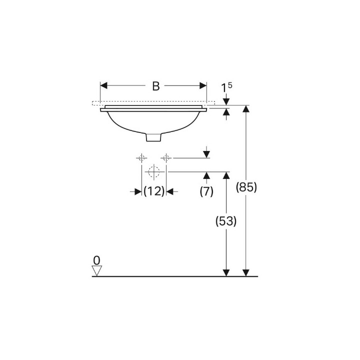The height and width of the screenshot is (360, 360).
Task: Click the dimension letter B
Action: tap(156, 86)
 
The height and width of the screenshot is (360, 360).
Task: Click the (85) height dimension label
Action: tap(246, 187)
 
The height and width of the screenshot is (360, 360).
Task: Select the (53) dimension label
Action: tap(226, 221)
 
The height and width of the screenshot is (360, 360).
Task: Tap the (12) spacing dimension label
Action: tap(154, 191)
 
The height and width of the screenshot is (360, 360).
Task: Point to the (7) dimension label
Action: tap(206, 191)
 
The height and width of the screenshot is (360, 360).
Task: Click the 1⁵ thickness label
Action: tap(226, 87)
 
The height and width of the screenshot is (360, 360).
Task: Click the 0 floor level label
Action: tap(96, 260)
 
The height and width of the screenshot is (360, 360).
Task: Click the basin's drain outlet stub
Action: tap(153, 137)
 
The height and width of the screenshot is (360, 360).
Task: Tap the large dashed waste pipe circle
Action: tap(154, 171)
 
